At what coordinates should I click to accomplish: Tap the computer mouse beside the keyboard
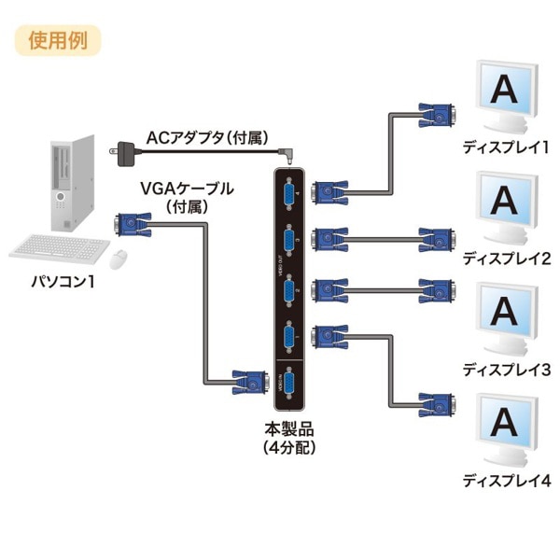tap(119, 257)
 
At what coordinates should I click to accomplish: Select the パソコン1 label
tap(61, 282)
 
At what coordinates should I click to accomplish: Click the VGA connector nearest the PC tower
tap(131, 225)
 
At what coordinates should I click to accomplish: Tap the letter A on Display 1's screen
tap(504, 91)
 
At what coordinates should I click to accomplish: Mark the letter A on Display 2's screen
tap(504, 201)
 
